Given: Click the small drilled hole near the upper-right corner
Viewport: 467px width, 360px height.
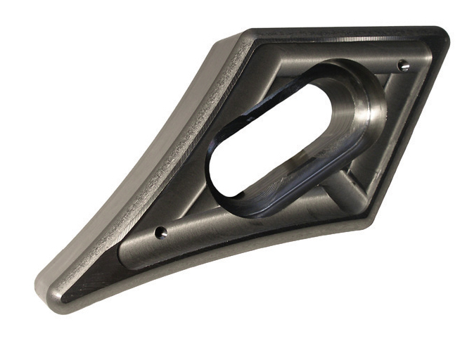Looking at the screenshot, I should [x=402, y=65].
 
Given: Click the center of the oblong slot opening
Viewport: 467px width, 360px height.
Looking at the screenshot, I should [x=281, y=137].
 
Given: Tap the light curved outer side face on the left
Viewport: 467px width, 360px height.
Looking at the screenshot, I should [x=134, y=176].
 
